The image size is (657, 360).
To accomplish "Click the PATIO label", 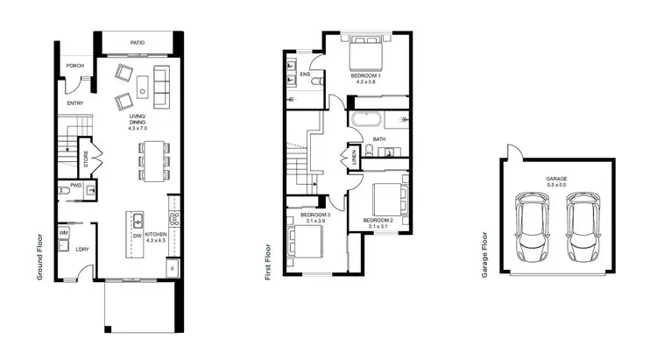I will pyautogui.click(x=138, y=42).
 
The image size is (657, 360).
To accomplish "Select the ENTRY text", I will pyautogui.click(x=74, y=104).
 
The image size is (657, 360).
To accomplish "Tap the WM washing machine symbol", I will pyautogui.click(x=65, y=232).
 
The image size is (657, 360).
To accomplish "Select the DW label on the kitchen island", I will pyautogui.click(x=138, y=236).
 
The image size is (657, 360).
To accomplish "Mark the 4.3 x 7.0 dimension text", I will pyautogui.click(x=138, y=129).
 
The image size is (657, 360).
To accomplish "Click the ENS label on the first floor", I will pyautogui.click(x=305, y=74).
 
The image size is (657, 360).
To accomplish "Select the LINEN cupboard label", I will pyautogui.click(x=355, y=159).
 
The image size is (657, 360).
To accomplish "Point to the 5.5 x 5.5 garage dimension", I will pyautogui.click(x=557, y=185).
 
